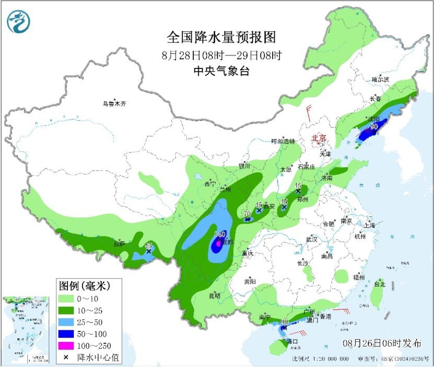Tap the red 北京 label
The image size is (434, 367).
[319, 138]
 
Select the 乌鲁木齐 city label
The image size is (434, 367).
[114, 104]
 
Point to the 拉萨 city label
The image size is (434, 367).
[120, 244]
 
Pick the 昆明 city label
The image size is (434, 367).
[215, 296]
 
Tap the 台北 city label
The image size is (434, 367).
[379, 284]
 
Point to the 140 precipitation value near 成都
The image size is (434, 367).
[220, 234]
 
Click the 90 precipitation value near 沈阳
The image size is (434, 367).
[374, 126]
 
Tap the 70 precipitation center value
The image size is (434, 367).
[248, 213]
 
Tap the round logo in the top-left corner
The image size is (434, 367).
[18, 22]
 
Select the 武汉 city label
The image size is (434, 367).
[312, 239]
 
